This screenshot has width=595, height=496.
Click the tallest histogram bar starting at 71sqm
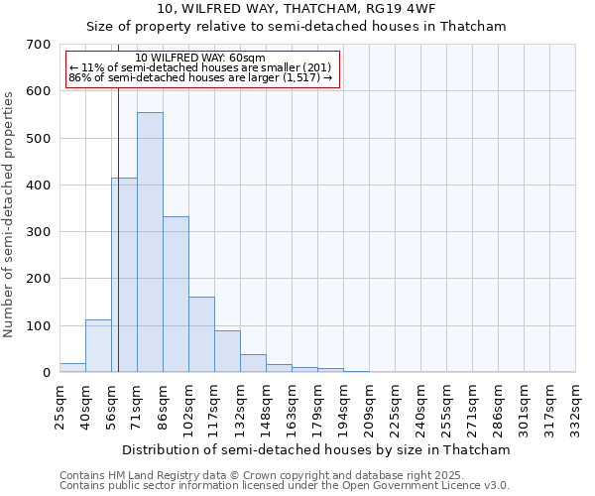pyautogui.click(x=150, y=243)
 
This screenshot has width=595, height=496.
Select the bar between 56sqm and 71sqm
pyautogui.click(x=124, y=276)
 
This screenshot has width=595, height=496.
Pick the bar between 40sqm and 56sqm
pyautogui.click(x=98, y=346)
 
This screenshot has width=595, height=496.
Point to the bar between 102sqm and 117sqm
pyautogui.click(x=201, y=335)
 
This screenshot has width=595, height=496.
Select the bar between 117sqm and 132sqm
pyautogui.click(x=227, y=352)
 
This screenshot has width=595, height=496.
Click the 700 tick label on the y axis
pyautogui.click(x=39, y=45)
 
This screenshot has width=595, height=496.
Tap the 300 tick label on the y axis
pyautogui.click(x=39, y=232)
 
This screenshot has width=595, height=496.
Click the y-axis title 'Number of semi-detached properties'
pyautogui.click(x=9, y=213)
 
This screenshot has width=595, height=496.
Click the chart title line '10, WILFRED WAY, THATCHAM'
pyautogui.click(x=296, y=9)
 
